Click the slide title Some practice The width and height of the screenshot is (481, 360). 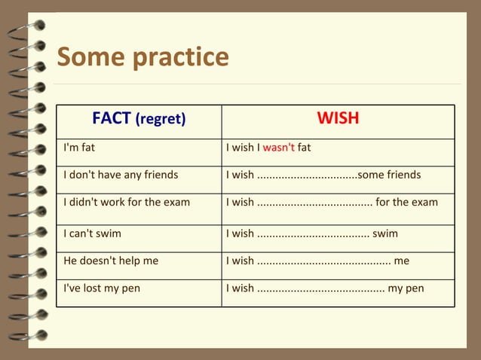(142, 56)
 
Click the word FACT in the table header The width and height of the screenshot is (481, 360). (112, 118)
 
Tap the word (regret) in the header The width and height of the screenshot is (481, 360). (161, 119)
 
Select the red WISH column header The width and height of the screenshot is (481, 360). (338, 118)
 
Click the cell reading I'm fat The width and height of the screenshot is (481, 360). (78, 148)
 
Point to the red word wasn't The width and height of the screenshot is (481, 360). (278, 148)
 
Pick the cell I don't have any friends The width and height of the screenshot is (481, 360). (121, 175)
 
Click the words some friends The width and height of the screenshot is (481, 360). (389, 175)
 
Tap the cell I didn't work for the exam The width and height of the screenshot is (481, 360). (127, 202)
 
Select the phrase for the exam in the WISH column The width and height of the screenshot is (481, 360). (406, 202)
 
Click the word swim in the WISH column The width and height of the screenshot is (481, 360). (385, 233)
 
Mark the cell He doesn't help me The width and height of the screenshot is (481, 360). (111, 261)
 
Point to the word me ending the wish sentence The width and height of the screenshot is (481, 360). (401, 261)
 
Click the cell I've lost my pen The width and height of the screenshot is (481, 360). (102, 288)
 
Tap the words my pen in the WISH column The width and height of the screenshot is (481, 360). (406, 288)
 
